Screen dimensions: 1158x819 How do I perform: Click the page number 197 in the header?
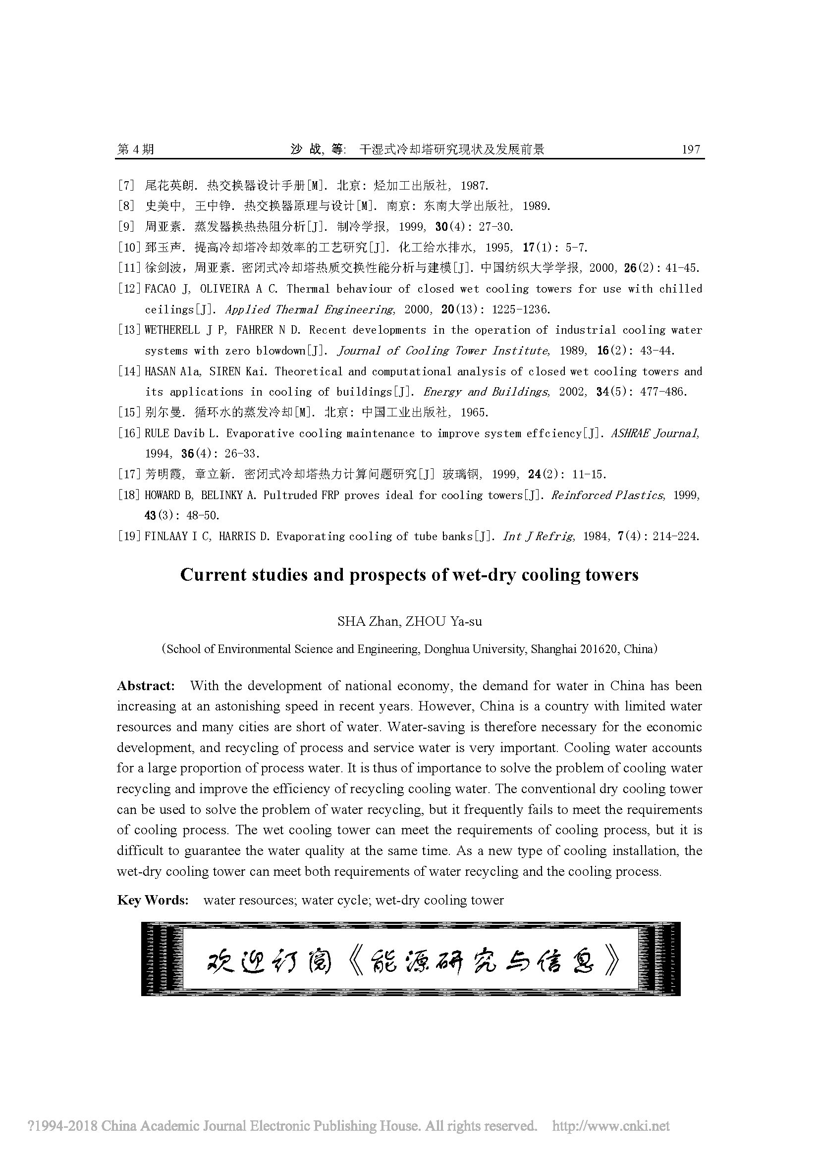(690, 150)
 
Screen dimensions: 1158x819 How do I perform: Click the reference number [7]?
(126, 186)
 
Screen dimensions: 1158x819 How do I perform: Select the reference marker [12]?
(129, 289)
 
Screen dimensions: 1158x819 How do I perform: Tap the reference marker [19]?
(129, 537)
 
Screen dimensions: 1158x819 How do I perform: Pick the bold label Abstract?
(146, 686)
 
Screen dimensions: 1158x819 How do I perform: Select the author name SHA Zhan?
(368, 621)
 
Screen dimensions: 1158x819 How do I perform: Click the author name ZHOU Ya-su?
(443, 621)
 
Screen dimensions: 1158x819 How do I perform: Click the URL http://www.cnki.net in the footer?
(611, 1126)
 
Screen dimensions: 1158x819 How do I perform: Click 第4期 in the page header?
(135, 150)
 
